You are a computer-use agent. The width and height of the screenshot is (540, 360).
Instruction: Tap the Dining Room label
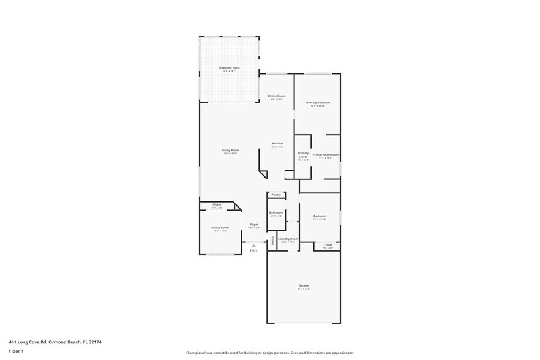[277, 96]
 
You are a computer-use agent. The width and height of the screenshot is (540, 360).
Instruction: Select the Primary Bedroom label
[318, 103]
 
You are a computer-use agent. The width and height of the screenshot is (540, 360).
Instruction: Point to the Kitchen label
[277, 143]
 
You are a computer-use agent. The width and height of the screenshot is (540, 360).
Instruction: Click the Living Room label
[230, 150]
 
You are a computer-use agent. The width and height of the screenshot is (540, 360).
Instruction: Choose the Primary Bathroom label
[325, 155]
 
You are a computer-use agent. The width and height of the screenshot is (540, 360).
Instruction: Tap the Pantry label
[276, 195]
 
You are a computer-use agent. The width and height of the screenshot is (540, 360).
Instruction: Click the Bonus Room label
[220, 227]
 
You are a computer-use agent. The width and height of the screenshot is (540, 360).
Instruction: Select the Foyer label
[253, 225]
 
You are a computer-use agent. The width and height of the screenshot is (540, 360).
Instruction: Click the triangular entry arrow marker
[253, 245]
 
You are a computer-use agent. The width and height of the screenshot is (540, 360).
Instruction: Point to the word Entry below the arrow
[253, 250]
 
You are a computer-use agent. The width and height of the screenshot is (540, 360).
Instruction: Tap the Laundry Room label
[288, 239]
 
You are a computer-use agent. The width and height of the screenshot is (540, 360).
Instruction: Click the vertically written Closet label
[272, 240]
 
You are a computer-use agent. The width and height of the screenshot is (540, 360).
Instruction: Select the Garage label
[304, 286]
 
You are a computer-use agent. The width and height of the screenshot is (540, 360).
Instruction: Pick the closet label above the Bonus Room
[217, 204]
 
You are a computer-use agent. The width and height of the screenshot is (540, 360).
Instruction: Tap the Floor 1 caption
[16, 351]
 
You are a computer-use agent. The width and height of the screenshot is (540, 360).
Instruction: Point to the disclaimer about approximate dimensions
[270, 353]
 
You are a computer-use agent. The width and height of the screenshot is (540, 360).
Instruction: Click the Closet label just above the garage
[327, 245]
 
